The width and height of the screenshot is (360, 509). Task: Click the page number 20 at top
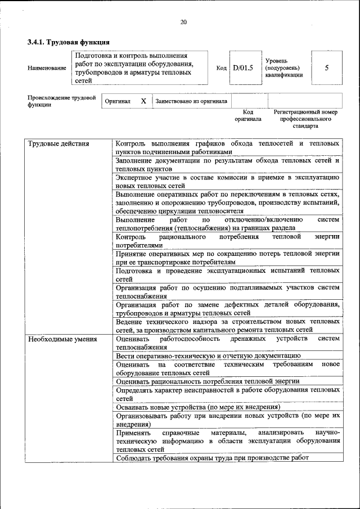[183, 22]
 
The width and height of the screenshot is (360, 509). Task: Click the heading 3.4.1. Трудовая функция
[68, 42]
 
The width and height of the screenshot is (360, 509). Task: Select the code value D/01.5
[243, 68]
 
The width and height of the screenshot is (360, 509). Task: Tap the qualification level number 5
[326, 68]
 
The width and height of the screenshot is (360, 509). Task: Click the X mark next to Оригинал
[143, 101]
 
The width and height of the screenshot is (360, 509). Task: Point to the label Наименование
[47, 68]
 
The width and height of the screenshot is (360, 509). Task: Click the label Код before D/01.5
[221, 68]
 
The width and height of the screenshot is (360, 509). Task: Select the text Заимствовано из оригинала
[191, 101]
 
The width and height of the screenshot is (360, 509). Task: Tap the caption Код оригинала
[248, 116]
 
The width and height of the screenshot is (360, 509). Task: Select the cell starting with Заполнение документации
[227, 164]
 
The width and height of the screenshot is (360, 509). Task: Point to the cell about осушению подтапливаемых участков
[227, 292]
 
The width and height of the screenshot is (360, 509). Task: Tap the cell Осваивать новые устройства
[197, 407]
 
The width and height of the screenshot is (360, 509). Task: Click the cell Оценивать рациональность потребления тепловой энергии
[208, 381]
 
